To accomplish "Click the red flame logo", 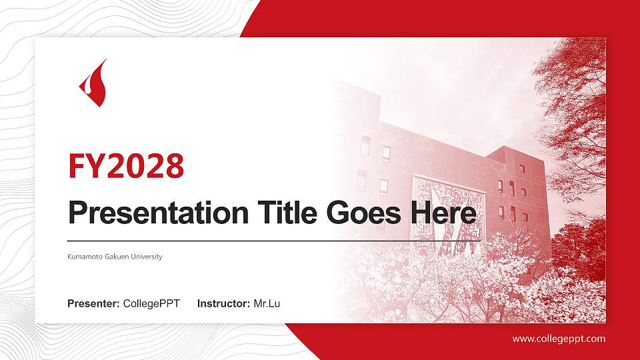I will (93, 84).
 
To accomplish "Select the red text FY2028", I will (126, 166).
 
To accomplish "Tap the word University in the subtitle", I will (147, 257).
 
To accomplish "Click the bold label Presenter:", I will (93, 304).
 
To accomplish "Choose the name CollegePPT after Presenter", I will (151, 304).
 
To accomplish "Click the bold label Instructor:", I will (224, 304).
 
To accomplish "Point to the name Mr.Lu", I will (267, 304).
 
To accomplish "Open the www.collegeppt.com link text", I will (559, 339).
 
